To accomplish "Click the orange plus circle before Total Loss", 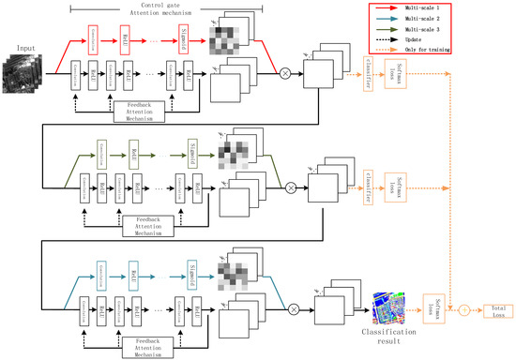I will point(460,307).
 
